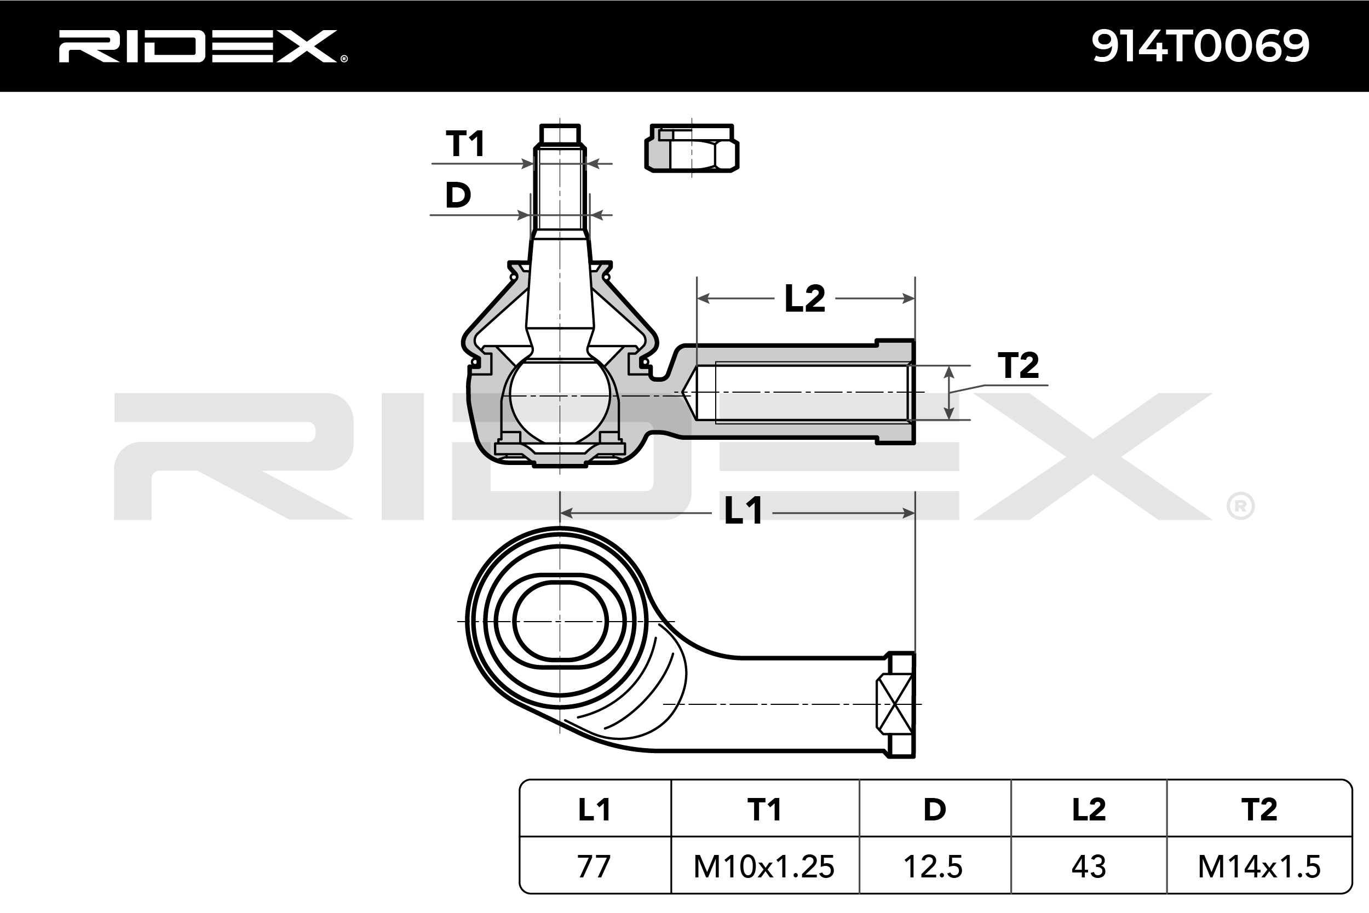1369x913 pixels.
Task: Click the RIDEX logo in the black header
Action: [x=203, y=46]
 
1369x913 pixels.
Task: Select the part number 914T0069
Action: [x=1200, y=46]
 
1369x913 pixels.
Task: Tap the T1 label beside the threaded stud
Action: [x=465, y=144]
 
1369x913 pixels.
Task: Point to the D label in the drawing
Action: [x=458, y=195]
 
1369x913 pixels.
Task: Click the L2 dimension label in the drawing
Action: [x=805, y=298]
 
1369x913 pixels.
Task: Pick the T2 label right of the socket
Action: [x=1019, y=366]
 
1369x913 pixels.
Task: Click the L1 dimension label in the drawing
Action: [x=743, y=511]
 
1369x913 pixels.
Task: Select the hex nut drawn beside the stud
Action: [x=692, y=148]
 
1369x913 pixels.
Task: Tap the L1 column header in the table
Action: [x=594, y=810]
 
